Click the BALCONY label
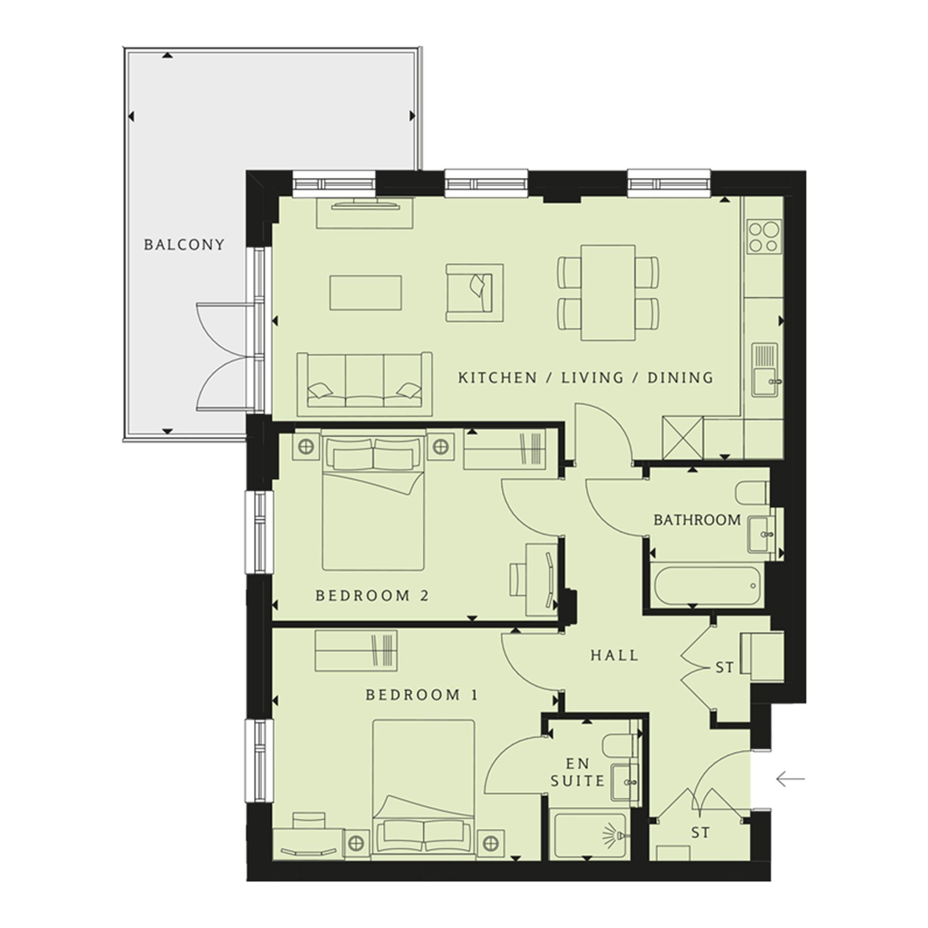click(184, 245)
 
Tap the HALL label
click(614, 656)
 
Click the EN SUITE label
click(577, 773)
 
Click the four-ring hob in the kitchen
click(764, 236)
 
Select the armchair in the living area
click(475, 292)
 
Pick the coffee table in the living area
click(366, 292)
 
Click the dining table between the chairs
click(608, 293)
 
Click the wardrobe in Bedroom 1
click(356, 651)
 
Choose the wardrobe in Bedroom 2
click(505, 449)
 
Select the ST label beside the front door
click(700, 832)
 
